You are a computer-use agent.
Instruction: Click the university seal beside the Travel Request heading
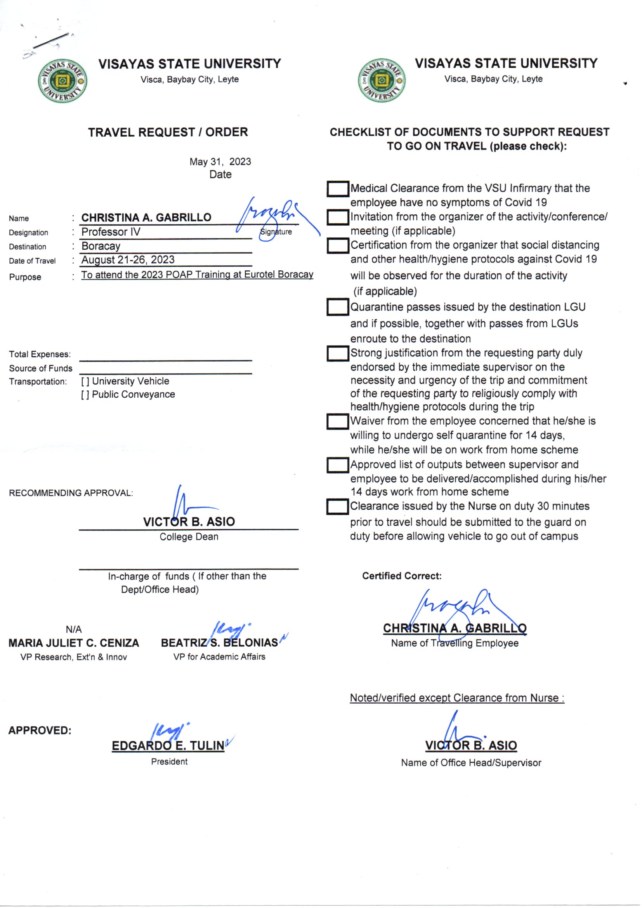pyautogui.click(x=62, y=81)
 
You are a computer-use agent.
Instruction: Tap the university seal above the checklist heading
pyautogui.click(x=382, y=80)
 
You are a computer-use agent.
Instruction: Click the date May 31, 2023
pyautogui.click(x=220, y=162)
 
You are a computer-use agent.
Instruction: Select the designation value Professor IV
pyautogui.click(x=111, y=232)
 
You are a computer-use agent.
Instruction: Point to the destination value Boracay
pyautogui.click(x=101, y=246)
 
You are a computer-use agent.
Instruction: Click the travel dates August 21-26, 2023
pyautogui.click(x=128, y=260)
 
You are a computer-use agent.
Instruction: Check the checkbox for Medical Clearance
pyautogui.click(x=338, y=189)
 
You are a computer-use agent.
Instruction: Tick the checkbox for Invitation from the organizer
pyautogui.click(x=338, y=217)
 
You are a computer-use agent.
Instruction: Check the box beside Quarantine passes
pyautogui.click(x=338, y=307)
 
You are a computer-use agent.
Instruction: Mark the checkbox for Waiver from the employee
pyautogui.click(x=338, y=422)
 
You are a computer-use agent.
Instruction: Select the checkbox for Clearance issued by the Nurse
pyautogui.click(x=338, y=506)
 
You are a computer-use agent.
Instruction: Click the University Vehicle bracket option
pyautogui.click(x=85, y=382)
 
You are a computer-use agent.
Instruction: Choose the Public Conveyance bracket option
pyautogui.click(x=85, y=395)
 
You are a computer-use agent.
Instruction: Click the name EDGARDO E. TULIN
pyautogui.click(x=168, y=746)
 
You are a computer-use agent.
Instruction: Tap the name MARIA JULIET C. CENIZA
pyautogui.click(x=74, y=643)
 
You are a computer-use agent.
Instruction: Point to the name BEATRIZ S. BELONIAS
pyautogui.click(x=219, y=643)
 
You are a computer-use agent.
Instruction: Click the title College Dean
pyautogui.click(x=189, y=537)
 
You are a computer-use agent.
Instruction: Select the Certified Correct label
pyautogui.click(x=402, y=576)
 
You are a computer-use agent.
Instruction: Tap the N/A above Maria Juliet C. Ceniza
pyautogui.click(x=74, y=629)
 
